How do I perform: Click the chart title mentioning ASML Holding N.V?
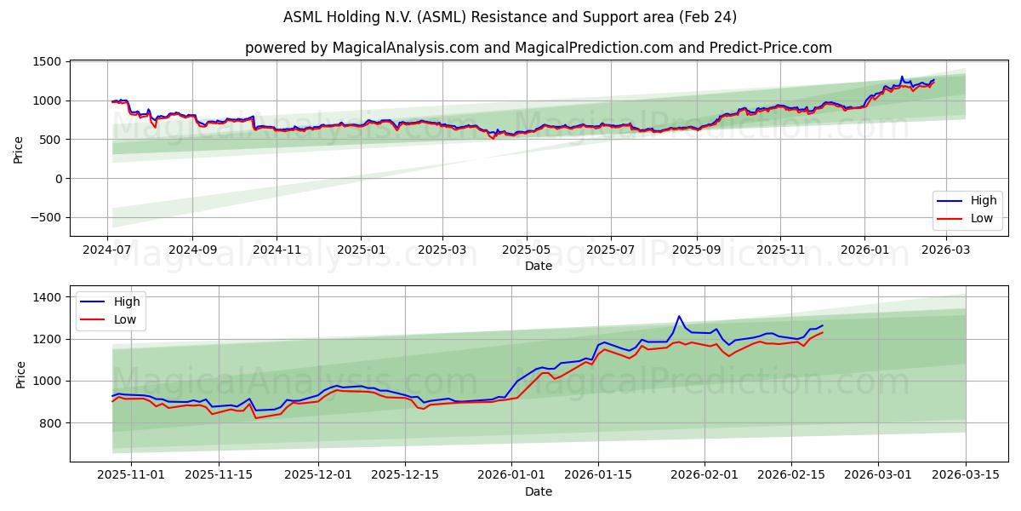click(510, 17)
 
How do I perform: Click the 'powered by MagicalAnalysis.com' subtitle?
click(538, 48)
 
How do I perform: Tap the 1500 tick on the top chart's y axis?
click(47, 62)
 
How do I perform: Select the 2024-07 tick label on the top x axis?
click(108, 250)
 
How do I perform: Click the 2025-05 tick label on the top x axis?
click(526, 250)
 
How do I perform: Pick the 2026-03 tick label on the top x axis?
click(947, 250)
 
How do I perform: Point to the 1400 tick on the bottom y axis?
click(48, 297)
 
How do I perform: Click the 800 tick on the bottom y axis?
click(52, 423)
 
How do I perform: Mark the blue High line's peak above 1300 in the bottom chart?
click(679, 317)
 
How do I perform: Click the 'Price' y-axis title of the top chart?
click(19, 148)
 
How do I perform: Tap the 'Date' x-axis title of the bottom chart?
click(538, 491)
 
